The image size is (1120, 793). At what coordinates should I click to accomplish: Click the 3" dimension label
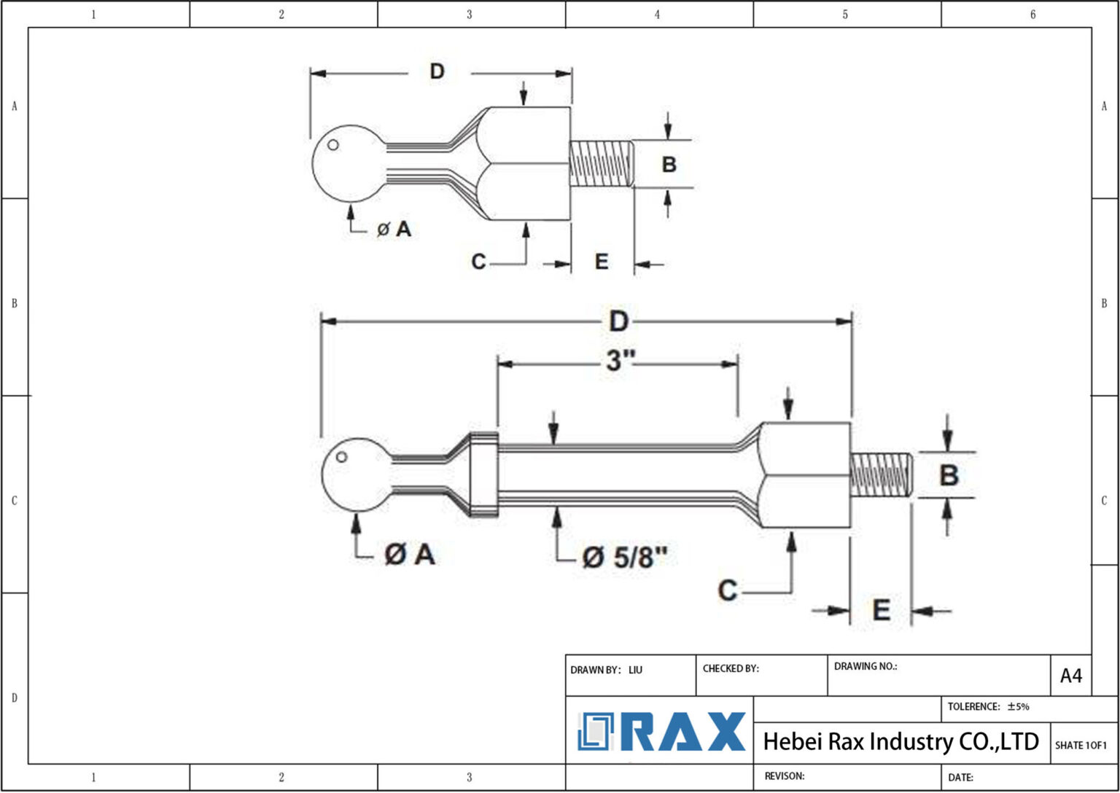click(x=621, y=360)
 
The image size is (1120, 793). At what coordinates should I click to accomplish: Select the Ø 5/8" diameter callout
click(x=625, y=558)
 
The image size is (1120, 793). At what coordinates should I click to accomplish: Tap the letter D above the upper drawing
click(x=436, y=71)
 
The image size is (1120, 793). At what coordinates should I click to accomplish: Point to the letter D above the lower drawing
click(x=618, y=321)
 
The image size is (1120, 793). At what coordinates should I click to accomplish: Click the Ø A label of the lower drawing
click(x=409, y=555)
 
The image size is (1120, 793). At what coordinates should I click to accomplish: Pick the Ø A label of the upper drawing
click(x=394, y=230)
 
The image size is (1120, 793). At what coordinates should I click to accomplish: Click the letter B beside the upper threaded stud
click(x=669, y=165)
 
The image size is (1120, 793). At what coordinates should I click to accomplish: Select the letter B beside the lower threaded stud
click(x=948, y=475)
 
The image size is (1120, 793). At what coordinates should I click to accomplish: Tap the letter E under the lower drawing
click(x=881, y=610)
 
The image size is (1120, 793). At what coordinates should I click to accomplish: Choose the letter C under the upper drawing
click(x=478, y=261)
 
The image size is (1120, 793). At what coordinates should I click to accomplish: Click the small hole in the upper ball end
click(x=333, y=145)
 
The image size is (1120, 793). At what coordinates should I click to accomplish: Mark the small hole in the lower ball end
click(x=341, y=457)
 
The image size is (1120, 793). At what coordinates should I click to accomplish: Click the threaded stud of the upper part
click(x=601, y=163)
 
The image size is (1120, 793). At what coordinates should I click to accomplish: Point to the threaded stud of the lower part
click(x=881, y=474)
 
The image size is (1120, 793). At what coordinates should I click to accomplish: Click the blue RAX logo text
click(x=686, y=732)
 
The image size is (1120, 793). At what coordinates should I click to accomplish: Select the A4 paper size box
click(x=1070, y=676)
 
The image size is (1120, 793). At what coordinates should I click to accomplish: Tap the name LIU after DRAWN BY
click(x=635, y=670)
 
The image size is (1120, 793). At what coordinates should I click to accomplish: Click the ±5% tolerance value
click(x=1018, y=706)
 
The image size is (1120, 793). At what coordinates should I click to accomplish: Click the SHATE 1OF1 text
click(x=1080, y=745)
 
